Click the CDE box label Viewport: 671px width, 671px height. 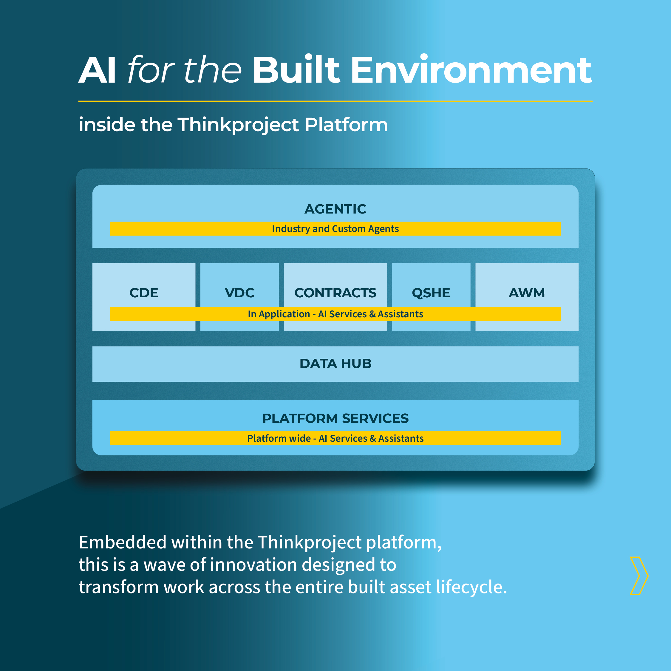(144, 293)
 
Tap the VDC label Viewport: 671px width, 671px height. (239, 293)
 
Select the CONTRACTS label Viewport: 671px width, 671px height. (335, 293)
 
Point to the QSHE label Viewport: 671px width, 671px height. (431, 293)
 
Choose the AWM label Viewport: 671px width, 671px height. (527, 293)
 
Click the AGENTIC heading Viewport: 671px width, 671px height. (335, 209)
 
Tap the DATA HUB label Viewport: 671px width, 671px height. (335, 364)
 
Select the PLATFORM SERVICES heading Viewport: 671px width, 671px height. (335, 418)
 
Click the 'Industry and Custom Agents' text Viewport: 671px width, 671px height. (335, 229)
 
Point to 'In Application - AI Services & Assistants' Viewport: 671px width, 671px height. (335, 314)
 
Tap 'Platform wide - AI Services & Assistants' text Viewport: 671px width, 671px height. (335, 438)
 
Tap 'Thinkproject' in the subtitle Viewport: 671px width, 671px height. (238, 125)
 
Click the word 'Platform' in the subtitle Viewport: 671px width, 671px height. (346, 125)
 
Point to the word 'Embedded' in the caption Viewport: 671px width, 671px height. (123, 542)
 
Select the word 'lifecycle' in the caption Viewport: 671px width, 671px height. (469, 587)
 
